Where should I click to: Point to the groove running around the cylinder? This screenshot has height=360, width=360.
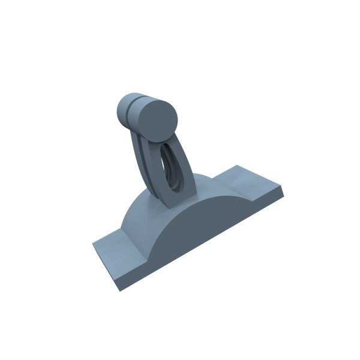[x=130, y=109]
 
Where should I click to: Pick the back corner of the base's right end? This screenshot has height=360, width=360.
[x=238, y=165]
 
